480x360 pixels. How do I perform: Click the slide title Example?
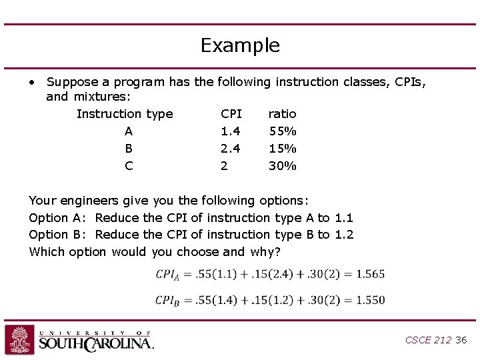pos(240,46)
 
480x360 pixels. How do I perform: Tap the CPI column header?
pos(231,114)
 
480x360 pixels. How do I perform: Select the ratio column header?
pos(282,114)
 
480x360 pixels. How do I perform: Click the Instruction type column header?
pos(125,114)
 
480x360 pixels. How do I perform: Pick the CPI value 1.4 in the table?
pos(231,131)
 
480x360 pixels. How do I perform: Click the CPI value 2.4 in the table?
pos(231,149)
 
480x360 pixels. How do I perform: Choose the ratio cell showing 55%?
pos(283,131)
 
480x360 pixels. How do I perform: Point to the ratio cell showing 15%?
pos(283,149)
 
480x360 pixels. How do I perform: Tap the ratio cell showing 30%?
pos(283,166)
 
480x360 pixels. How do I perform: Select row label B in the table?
pos(129,149)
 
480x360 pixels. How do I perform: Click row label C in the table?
pos(129,166)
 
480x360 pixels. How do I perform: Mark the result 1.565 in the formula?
pos(370,274)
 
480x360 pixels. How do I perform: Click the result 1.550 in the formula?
pos(370,300)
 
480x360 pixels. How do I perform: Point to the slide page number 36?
pos(461,340)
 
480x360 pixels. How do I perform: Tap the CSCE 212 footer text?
pos(428,340)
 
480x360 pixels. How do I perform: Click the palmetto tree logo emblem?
pos(19,339)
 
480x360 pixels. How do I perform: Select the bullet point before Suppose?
pos(31,82)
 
